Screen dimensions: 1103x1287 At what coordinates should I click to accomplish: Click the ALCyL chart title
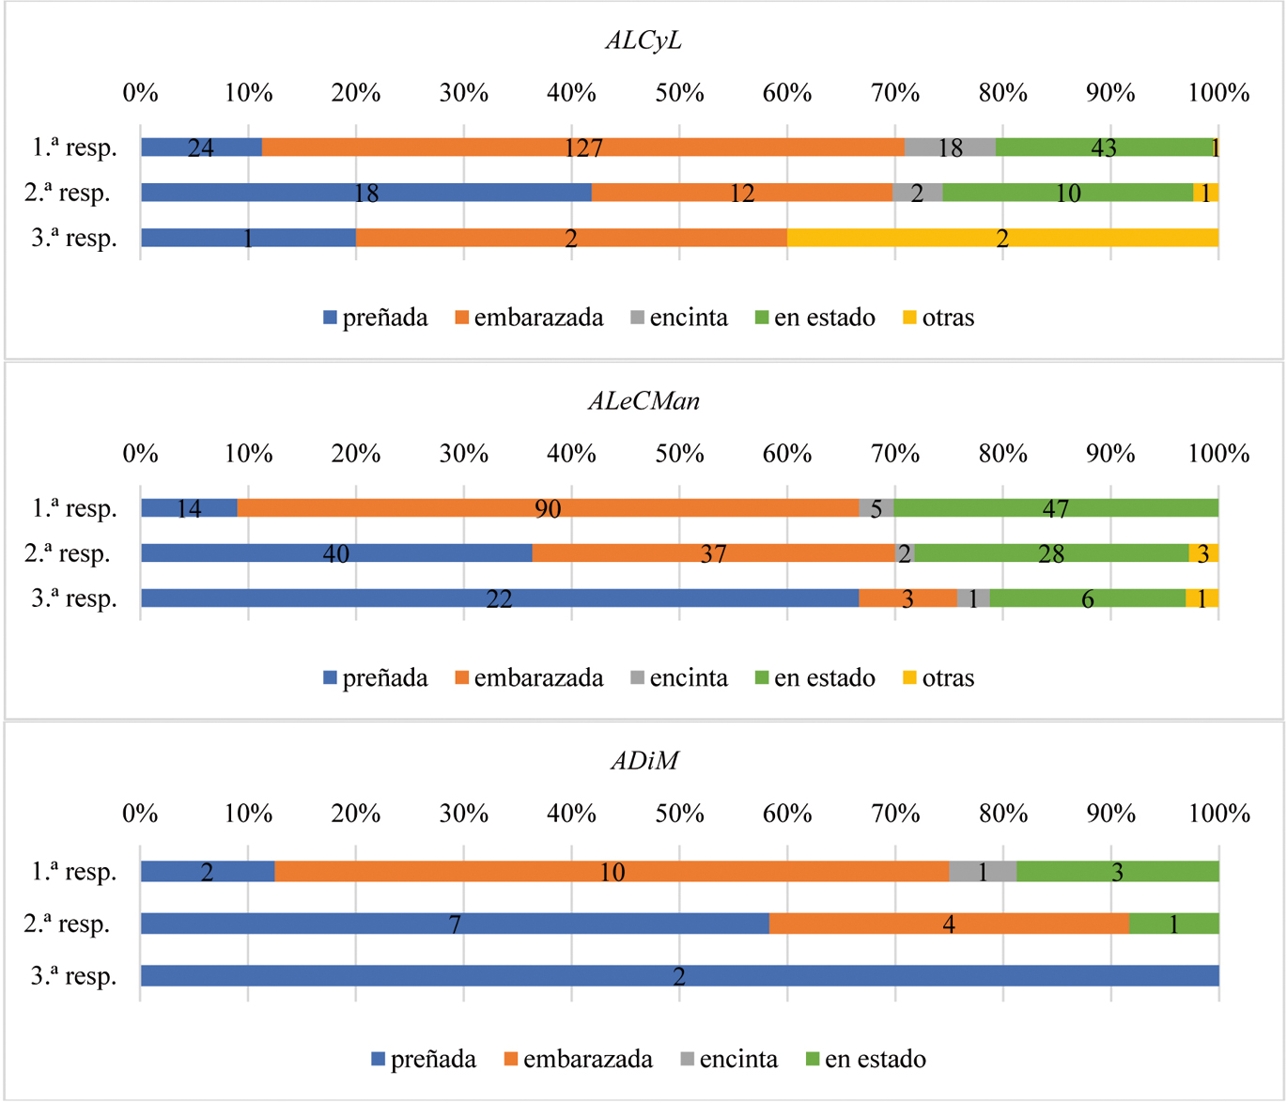pos(643,41)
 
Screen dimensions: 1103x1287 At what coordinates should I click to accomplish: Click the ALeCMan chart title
pos(643,401)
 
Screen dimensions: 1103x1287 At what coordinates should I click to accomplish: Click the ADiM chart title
pos(643,760)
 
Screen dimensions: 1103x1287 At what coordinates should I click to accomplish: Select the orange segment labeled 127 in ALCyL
pos(582,148)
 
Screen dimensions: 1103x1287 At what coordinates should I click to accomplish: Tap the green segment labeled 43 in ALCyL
pos(1104,148)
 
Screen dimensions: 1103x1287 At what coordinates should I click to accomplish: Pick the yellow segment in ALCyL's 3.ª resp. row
pos(1002,238)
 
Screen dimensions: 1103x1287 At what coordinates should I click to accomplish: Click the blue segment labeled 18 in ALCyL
pos(366,193)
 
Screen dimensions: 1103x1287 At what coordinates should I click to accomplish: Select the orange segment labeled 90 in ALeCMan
pos(548,508)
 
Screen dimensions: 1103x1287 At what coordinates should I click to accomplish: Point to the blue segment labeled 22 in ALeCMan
pos(499,598)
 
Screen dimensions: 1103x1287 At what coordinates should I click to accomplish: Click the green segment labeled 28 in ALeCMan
pos(1051,553)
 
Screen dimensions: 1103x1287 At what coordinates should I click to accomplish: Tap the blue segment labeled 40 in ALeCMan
pos(336,553)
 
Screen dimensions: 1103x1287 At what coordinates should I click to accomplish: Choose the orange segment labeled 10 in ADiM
pos(612,872)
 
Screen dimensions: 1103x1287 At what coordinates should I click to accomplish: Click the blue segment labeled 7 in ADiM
pos(455,924)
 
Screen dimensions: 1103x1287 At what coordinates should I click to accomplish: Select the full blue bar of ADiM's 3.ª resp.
pos(679,976)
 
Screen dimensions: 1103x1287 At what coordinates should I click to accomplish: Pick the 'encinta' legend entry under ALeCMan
pos(678,678)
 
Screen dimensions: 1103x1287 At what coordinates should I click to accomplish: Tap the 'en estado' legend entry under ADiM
pos(865,1060)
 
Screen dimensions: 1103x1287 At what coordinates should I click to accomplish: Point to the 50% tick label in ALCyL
pos(679,93)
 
